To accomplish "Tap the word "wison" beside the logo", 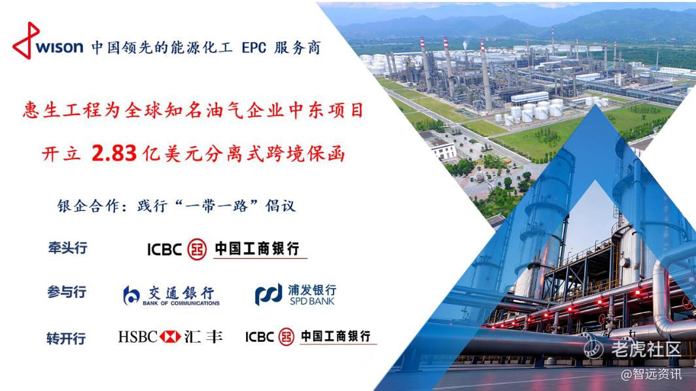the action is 60,47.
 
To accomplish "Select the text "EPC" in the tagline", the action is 254,48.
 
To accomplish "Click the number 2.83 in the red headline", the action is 114,153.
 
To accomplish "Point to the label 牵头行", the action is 68,248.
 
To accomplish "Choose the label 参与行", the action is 67,292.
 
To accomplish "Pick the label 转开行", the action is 66,339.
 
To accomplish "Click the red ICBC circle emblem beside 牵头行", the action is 197,250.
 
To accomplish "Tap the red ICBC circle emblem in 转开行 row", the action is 287,337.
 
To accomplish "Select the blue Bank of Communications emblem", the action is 131,295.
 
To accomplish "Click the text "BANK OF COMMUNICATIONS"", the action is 181,303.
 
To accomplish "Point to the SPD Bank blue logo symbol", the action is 269,294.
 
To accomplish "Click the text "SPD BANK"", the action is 312,301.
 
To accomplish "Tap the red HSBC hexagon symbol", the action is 170,337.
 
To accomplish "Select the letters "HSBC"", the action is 138,337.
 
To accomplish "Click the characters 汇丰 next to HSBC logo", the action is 203,337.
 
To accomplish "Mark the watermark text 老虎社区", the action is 646,349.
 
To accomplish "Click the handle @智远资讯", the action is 651,375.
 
